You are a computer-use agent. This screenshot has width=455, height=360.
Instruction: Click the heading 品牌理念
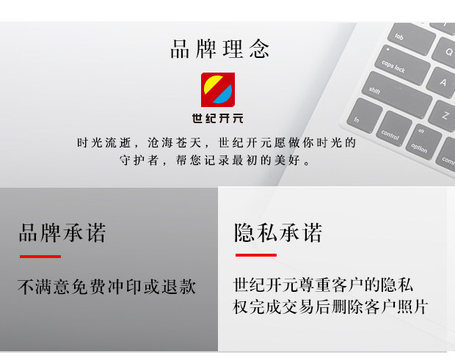[x=219, y=48]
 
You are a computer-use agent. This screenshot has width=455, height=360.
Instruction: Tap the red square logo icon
[x=218, y=89]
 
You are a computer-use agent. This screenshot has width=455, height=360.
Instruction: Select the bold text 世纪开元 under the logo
[x=218, y=118]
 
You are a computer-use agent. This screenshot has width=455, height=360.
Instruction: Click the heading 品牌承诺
[x=62, y=232]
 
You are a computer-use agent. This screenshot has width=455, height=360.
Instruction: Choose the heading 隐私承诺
[x=278, y=232]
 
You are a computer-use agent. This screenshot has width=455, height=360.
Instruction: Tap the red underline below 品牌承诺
[x=40, y=257]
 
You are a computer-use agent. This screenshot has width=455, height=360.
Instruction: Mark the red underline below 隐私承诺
[x=256, y=255]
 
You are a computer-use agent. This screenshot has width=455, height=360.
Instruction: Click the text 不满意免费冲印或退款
[x=107, y=287]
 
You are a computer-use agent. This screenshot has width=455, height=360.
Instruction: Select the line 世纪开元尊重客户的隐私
[x=323, y=284]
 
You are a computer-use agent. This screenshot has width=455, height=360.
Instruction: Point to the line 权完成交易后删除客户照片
[x=330, y=306]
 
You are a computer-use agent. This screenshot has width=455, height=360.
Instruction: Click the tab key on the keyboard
[x=412, y=39]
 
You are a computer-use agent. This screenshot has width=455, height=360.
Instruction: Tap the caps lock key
[x=402, y=65]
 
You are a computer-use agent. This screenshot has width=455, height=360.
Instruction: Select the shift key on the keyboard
[x=396, y=95]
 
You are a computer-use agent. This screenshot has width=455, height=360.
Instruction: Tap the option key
[x=423, y=142]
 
